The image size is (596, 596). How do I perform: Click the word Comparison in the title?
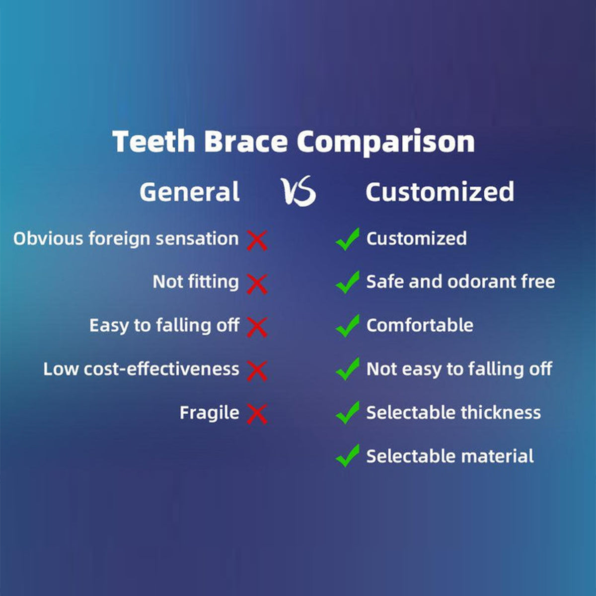tap(386, 142)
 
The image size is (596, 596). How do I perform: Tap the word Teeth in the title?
tap(153, 142)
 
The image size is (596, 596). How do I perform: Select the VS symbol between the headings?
tap(299, 191)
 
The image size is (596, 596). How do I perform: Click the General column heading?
tap(190, 192)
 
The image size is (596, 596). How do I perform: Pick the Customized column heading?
tap(440, 192)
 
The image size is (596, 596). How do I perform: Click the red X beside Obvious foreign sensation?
tap(257, 240)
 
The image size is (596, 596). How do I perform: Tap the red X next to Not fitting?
tap(257, 283)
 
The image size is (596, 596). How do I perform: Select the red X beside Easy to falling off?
tap(257, 327)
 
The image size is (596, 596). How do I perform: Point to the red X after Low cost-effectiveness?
tap(257, 371)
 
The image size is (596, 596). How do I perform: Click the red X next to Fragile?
tap(257, 414)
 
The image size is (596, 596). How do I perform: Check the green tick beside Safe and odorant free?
tap(347, 282)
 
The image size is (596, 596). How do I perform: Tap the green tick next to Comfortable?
tap(347, 326)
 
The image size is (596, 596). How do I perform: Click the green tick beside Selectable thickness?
tap(347, 413)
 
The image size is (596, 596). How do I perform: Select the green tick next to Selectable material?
tap(347, 456)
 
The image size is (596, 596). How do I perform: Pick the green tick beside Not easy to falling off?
tap(347, 369)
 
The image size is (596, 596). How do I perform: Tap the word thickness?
tap(501, 413)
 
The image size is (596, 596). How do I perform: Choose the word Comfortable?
tap(420, 325)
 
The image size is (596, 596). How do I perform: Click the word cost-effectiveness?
tap(161, 369)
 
